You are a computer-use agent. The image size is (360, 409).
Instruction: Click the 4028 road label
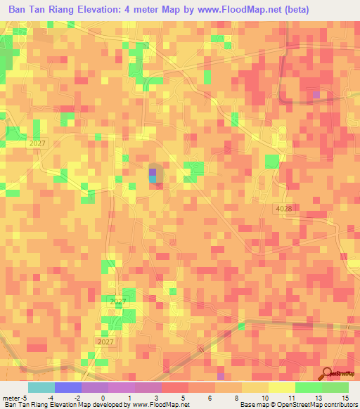283,209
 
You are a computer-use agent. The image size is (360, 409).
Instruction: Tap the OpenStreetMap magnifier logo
326,373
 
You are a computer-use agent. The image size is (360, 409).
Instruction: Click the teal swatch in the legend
41,387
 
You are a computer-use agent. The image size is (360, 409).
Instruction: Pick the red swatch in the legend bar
174,387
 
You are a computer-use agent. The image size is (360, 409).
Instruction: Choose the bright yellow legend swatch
281,387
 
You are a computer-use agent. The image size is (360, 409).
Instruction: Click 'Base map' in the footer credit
252,405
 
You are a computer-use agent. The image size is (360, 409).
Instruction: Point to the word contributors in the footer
340,405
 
